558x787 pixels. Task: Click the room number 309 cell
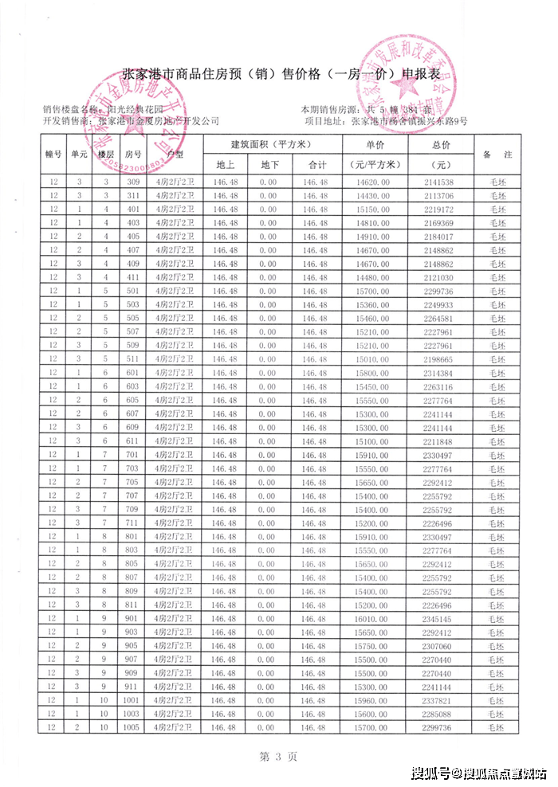click(133, 182)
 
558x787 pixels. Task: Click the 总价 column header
click(440, 145)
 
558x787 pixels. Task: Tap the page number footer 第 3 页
click(279, 755)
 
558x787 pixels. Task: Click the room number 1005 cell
click(133, 727)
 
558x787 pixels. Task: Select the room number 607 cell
click(133, 413)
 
